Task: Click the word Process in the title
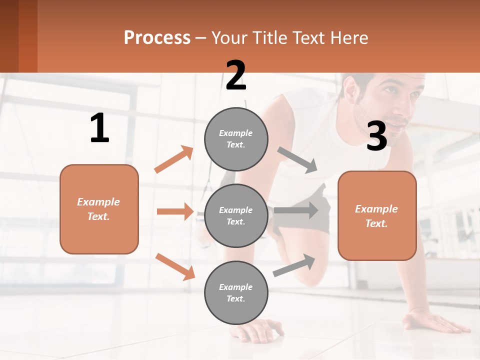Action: tap(157, 37)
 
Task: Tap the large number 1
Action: tap(99, 128)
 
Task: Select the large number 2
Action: tap(236, 75)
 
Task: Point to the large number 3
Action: tap(376, 136)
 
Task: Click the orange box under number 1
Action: tap(99, 209)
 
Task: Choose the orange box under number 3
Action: tap(377, 215)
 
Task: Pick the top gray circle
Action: tap(236, 139)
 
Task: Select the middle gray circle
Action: tap(236, 215)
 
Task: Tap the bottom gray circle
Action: tap(236, 292)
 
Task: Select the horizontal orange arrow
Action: tap(175, 211)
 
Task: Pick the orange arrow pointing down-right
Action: tap(175, 266)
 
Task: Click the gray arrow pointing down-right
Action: tap(297, 160)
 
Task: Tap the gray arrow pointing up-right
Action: tap(294, 265)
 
